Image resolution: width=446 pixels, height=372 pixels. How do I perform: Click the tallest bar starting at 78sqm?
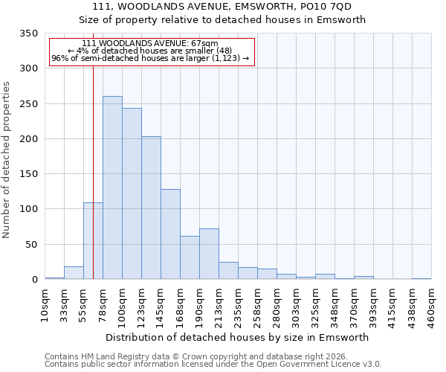112,187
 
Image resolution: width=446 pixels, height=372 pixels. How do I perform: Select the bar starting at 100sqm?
132,193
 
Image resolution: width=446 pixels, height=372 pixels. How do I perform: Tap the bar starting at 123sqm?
151,208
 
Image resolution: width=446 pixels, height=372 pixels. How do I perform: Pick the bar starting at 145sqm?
170,234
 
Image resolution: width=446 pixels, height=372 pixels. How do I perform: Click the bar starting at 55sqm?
93,241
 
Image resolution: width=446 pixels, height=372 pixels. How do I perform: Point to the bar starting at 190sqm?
209,254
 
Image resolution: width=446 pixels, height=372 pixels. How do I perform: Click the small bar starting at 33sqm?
74,273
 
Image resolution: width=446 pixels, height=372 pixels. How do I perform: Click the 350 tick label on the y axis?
28,33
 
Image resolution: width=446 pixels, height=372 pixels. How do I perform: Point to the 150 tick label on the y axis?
28,174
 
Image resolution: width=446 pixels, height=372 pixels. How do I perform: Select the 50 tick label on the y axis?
31,244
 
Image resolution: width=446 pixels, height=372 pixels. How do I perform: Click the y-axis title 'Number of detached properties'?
7,161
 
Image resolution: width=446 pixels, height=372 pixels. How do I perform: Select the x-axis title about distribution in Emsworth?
237,337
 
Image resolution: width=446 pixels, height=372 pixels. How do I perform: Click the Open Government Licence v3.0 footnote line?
213,365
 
